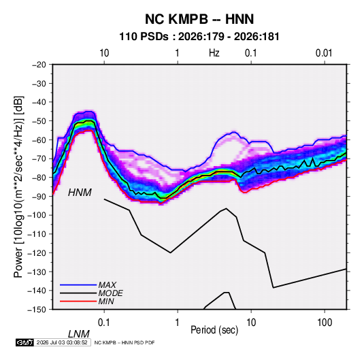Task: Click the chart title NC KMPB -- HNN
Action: [199, 19]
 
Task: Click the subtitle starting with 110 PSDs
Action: [199, 37]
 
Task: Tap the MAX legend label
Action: [107, 284]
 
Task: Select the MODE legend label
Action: [110, 293]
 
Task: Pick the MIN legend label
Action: [106, 301]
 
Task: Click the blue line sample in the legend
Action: [78, 285]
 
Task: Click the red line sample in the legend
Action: [78, 301]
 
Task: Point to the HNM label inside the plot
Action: [80, 193]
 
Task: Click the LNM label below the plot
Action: [79, 334]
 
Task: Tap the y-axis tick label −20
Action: [39, 65]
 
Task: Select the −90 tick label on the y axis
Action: [39, 196]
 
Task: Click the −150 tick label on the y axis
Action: [37, 310]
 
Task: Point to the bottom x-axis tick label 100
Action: [325, 323]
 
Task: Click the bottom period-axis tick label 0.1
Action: [104, 323]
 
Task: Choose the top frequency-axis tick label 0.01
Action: [324, 53]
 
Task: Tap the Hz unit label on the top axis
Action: [214, 53]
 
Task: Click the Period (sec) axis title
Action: [214, 330]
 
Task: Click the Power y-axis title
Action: [18, 187]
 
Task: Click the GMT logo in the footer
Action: [25, 342]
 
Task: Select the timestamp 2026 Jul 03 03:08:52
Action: [62, 342]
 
